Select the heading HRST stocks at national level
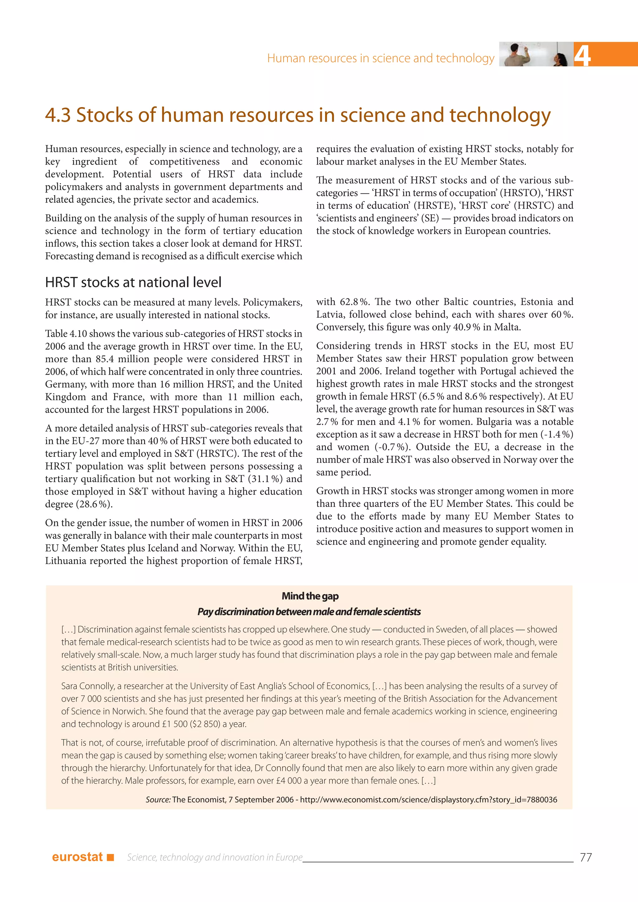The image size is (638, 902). (133, 282)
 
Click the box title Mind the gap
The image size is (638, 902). (310, 596)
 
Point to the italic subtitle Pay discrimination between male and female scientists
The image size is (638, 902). (309, 612)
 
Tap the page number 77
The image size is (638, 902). (585, 857)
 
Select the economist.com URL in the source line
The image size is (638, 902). (428, 800)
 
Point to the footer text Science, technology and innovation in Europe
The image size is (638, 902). (215, 857)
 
